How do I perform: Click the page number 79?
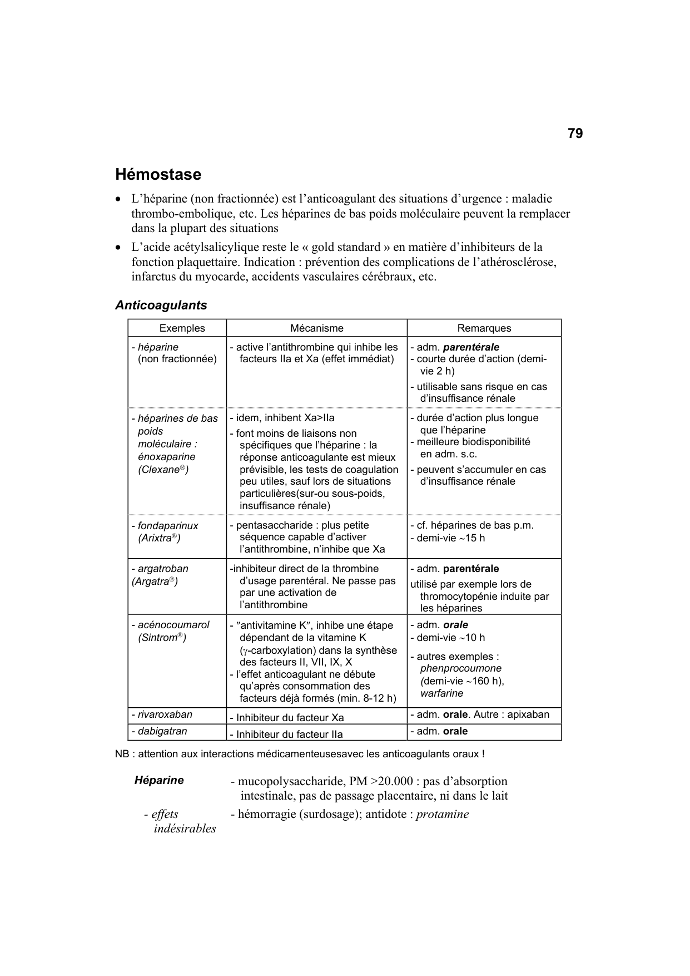(x=575, y=134)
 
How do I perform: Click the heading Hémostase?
(x=158, y=175)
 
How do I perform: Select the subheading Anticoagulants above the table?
(x=161, y=305)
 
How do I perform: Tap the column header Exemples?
(x=182, y=328)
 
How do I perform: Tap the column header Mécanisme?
(x=317, y=328)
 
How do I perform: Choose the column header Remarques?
(x=484, y=328)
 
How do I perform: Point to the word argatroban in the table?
(x=163, y=569)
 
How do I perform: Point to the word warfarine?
(x=442, y=693)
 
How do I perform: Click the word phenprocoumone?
(x=461, y=668)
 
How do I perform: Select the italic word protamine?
(x=443, y=814)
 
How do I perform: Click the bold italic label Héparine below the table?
(x=159, y=780)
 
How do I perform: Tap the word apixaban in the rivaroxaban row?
(x=528, y=714)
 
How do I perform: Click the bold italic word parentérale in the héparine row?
(x=471, y=347)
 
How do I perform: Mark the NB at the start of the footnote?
(x=122, y=754)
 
